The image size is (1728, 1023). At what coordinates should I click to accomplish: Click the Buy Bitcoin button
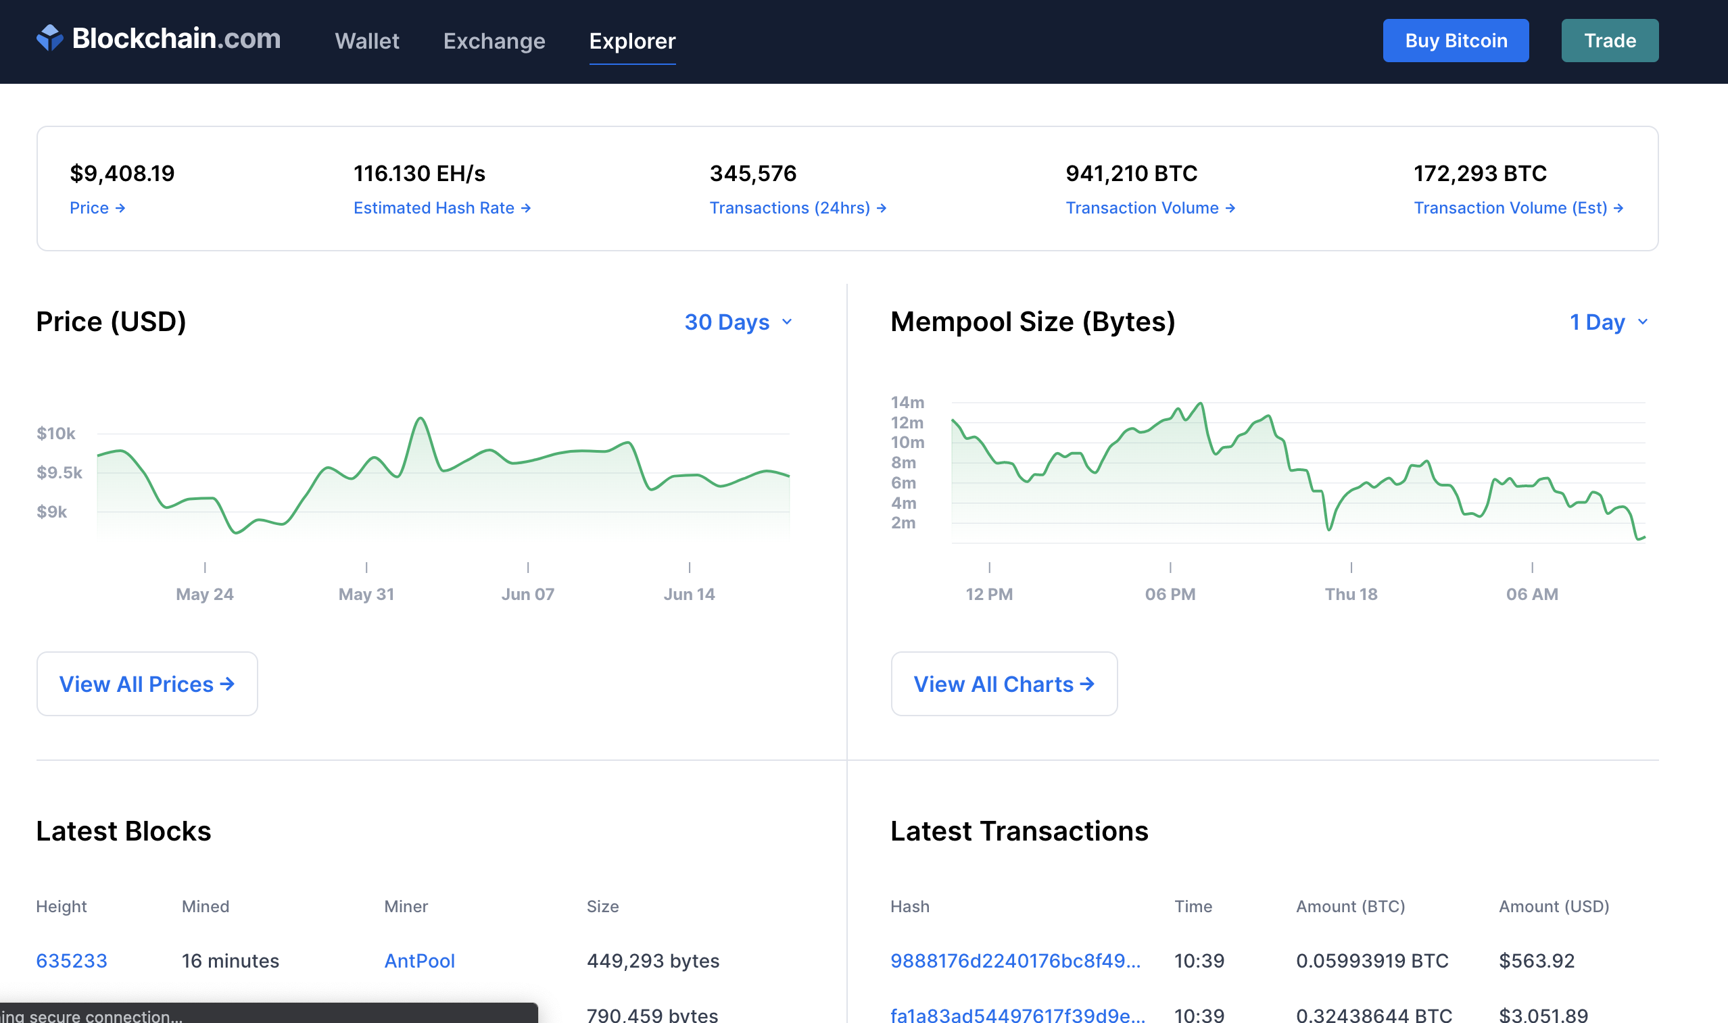[x=1455, y=41]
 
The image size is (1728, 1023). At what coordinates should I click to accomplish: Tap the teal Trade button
[x=1609, y=41]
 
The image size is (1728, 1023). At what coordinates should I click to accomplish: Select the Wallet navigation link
[x=367, y=41]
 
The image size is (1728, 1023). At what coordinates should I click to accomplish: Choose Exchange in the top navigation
[x=494, y=41]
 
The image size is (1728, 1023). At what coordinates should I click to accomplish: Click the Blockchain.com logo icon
[x=49, y=38]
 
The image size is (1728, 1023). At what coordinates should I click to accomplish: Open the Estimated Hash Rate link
[x=441, y=208]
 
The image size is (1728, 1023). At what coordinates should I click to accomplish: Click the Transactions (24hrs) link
[x=797, y=208]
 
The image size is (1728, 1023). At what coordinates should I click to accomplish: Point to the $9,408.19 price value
[x=122, y=174]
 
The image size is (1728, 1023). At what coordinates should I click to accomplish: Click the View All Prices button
[x=147, y=684]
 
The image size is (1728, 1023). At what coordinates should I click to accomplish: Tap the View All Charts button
[x=1003, y=684]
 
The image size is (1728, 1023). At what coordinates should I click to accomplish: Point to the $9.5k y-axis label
[x=59, y=473]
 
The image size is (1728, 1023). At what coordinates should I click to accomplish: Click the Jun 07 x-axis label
[x=527, y=594]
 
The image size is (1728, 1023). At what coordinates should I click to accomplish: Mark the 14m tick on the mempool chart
[x=907, y=402]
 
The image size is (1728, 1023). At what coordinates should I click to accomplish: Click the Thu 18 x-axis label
[x=1350, y=594]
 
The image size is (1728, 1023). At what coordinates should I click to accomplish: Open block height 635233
[x=72, y=961]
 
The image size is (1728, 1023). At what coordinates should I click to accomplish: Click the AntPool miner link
[x=419, y=961]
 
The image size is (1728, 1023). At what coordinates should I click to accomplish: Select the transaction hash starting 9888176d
[x=1015, y=961]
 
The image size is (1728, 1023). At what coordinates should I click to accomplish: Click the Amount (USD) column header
[x=1554, y=907]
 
